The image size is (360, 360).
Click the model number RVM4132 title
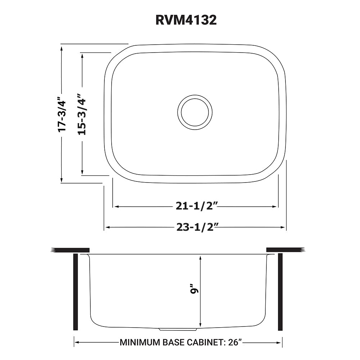(x=186, y=20)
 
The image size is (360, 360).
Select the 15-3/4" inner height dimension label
(x=82, y=114)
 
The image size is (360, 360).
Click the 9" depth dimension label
(x=195, y=290)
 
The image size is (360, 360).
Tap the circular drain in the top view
(x=195, y=112)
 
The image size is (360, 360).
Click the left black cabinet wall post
(x=76, y=292)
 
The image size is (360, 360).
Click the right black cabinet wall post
(x=280, y=292)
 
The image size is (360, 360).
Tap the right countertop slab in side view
(x=285, y=250)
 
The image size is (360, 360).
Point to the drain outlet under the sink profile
(x=178, y=329)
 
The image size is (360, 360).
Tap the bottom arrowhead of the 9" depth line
(x=200, y=324)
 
